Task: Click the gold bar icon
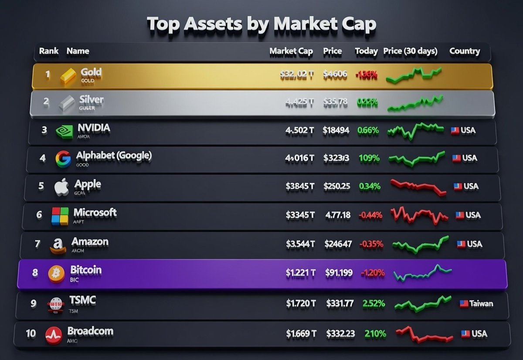(68, 75)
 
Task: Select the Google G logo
(63, 159)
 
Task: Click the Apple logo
(61, 187)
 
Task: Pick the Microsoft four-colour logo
(60, 216)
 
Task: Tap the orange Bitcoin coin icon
(56, 274)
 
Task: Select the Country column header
(464, 51)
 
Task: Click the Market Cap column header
(291, 51)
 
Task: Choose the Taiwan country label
(481, 303)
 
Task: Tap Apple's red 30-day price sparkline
(418, 187)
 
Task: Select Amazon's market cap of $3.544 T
(300, 244)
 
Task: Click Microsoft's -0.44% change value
(370, 215)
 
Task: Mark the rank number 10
(31, 334)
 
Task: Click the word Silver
(92, 99)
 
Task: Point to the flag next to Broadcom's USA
(465, 334)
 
